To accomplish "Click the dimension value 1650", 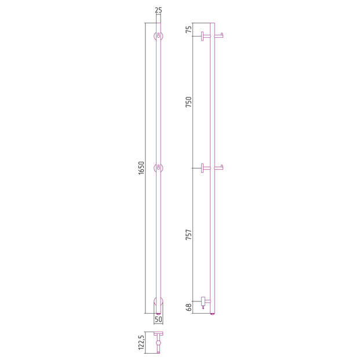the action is coord(141,168).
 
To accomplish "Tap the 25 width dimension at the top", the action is coord(158,10).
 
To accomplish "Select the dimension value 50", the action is coord(158,319).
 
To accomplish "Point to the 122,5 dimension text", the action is coord(141,343).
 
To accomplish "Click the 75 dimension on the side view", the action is coord(188,30).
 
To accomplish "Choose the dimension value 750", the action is coord(188,102).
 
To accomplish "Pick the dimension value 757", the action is coord(188,235).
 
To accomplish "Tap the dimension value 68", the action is coord(188,307).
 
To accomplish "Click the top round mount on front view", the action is coord(158,36).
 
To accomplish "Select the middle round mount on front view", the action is coord(158,168).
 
